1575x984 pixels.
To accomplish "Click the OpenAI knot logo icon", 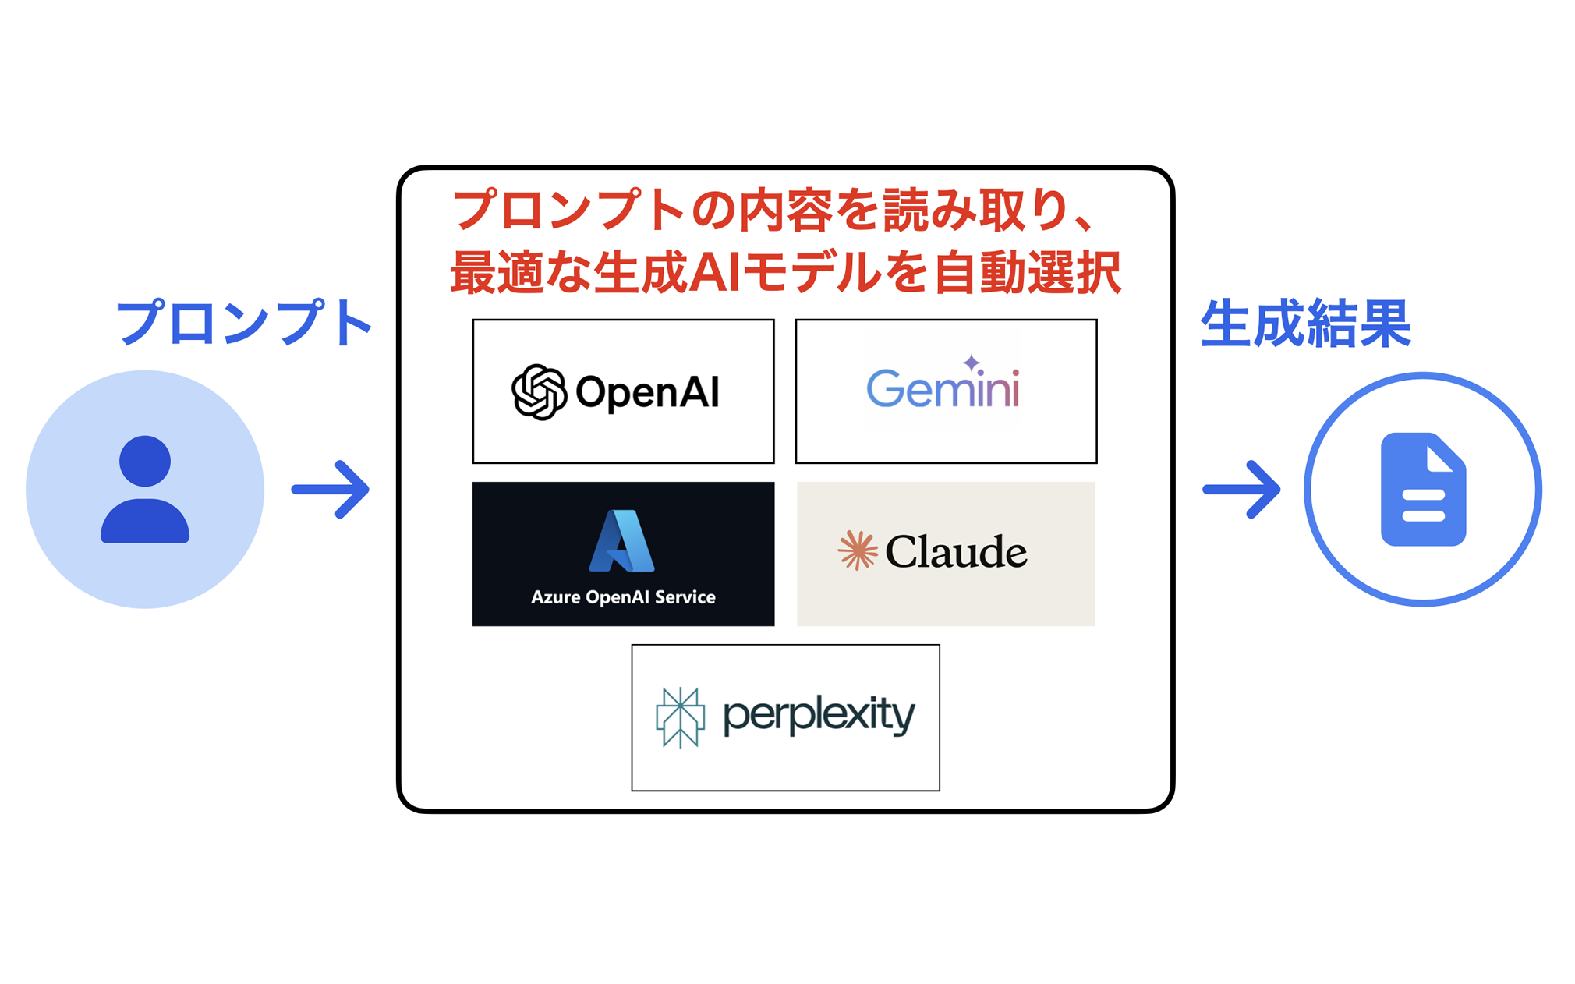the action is coord(539,392).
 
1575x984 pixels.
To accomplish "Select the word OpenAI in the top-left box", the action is coord(647,392).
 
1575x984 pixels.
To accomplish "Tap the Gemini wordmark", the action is coord(943,388).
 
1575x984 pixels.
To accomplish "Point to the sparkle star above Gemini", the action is coord(972,363).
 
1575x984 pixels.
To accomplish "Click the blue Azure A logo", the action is coord(622,541).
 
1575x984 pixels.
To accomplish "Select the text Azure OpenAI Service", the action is coord(623,597).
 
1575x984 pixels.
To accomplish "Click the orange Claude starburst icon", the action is coord(858,550).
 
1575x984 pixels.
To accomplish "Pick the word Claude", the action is coord(956,552).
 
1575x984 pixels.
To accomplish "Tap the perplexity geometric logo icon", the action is coord(680,717).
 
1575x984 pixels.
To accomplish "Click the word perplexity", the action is coord(819,716).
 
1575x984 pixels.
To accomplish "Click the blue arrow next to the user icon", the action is coord(331,490).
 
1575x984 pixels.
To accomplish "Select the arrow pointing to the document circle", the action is coord(1241,490).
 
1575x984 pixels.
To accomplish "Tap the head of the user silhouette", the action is coord(145,461).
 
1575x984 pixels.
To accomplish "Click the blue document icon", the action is coord(1423,489).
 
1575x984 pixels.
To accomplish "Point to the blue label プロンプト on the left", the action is coord(244,322).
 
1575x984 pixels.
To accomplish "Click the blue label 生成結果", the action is coord(1306,323).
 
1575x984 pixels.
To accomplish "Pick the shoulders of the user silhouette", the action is coord(145,520).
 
